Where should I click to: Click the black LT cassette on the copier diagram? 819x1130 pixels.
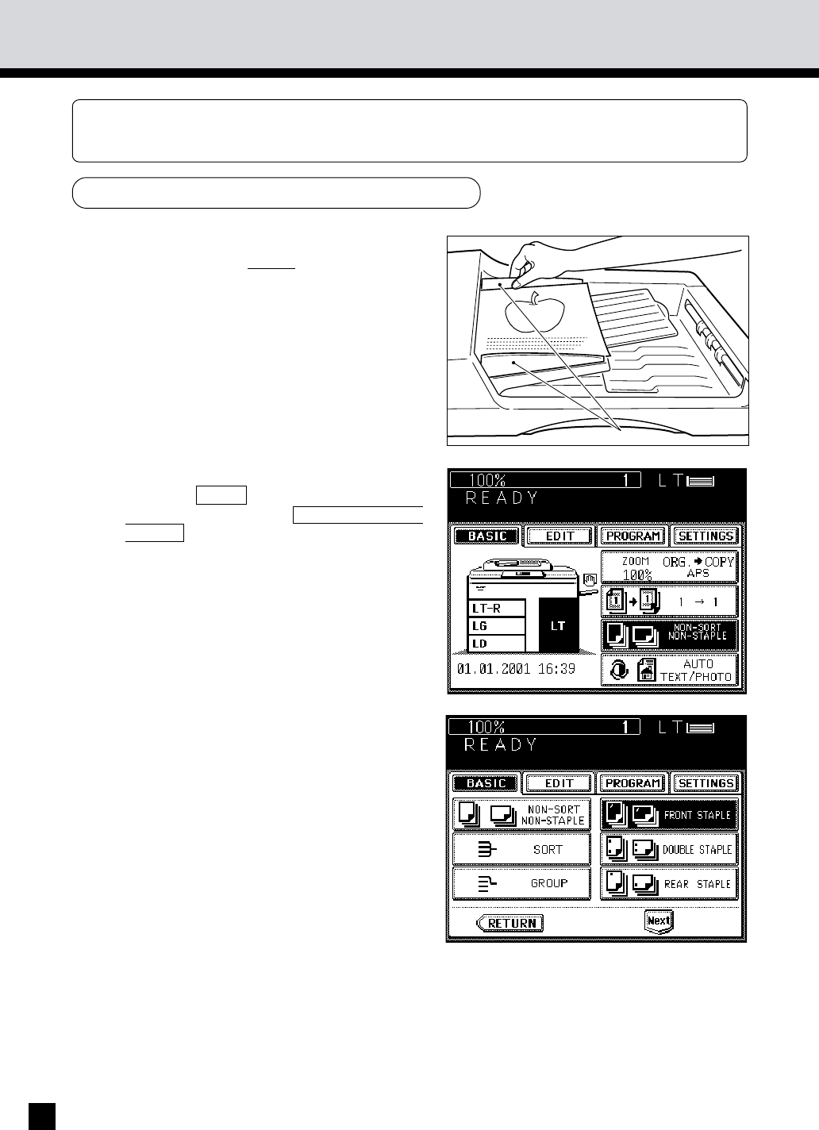tap(559, 625)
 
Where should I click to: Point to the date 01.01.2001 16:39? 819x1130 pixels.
tap(516, 669)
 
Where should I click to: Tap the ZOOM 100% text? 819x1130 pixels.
tap(636, 568)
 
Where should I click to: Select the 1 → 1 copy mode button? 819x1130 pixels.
tap(670, 602)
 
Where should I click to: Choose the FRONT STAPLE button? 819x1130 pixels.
tap(669, 815)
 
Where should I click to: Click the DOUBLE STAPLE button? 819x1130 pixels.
tap(669, 850)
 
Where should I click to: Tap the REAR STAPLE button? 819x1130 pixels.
tap(669, 884)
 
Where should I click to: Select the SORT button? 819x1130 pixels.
tap(521, 850)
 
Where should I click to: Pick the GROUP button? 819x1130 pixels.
tap(521, 884)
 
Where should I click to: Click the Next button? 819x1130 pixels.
tap(659, 921)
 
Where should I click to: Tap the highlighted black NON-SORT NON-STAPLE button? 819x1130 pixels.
tap(670, 635)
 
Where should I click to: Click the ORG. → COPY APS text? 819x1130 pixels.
tap(698, 567)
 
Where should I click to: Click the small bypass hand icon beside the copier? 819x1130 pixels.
tap(590, 578)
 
